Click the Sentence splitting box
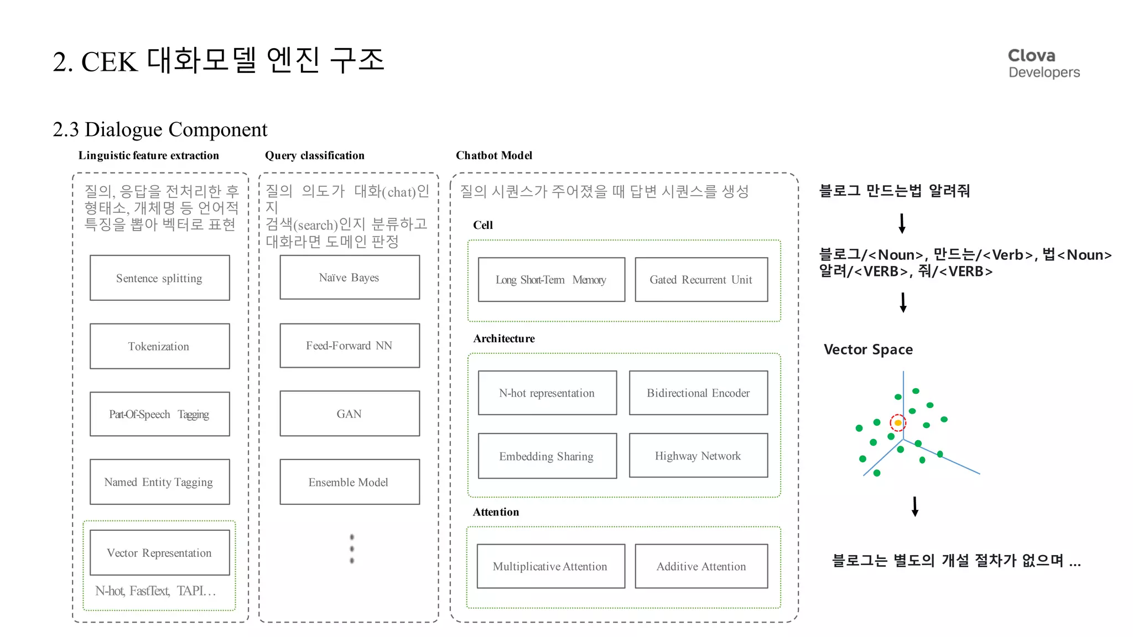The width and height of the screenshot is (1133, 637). [x=159, y=278]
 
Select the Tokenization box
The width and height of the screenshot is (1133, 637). [x=159, y=346]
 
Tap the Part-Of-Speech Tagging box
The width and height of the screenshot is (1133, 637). [x=159, y=414]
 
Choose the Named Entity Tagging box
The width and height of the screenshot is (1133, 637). [x=159, y=482]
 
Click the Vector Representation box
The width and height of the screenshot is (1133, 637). [x=159, y=552]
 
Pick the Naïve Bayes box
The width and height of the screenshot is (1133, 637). [x=349, y=277]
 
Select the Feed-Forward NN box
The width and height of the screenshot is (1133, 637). [x=349, y=346]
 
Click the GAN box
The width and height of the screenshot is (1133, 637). [x=349, y=414]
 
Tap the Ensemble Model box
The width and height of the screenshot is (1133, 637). [x=349, y=482]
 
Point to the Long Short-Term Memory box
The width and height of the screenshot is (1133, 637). [x=551, y=279]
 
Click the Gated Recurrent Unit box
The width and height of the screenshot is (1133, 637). [x=701, y=279]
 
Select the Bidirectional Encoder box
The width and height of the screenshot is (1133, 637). [x=698, y=393]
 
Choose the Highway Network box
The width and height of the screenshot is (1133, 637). [x=698, y=456]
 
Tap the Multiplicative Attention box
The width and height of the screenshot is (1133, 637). [x=550, y=566]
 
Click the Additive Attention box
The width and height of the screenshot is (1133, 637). [x=701, y=566]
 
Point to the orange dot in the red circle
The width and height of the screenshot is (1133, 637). [x=898, y=423]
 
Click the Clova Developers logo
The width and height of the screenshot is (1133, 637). [x=1043, y=64]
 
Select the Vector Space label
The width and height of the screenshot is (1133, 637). [x=868, y=349]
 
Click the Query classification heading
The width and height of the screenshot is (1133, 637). [x=314, y=155]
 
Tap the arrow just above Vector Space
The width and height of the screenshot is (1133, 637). [x=903, y=302]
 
